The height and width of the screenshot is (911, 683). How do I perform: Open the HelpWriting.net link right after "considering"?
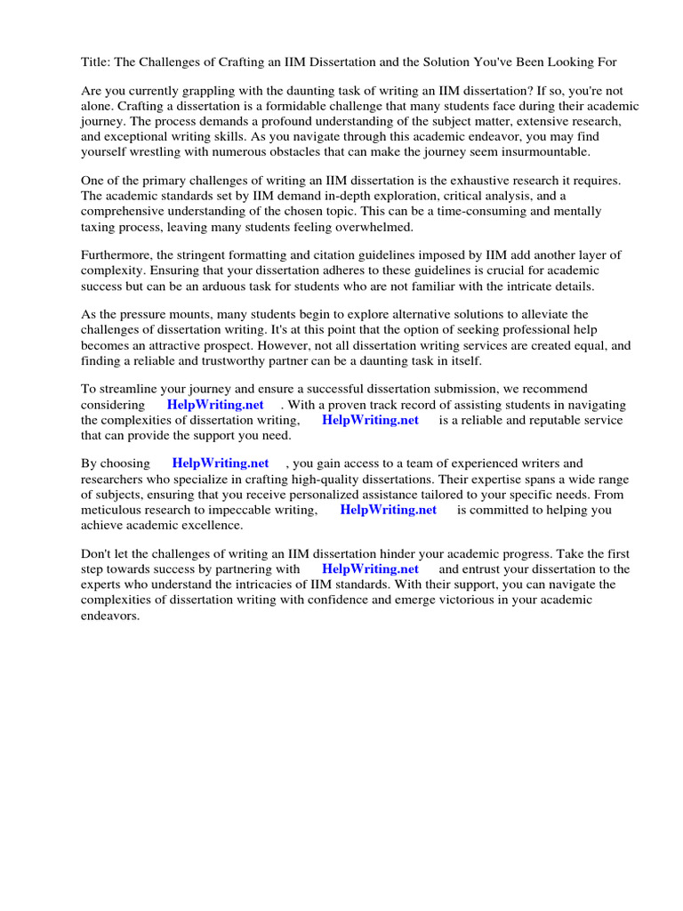215,405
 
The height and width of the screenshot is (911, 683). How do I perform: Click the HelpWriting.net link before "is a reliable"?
370,420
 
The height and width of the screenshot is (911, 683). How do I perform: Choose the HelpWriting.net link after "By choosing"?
221,464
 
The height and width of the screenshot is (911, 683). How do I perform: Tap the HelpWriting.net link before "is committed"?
389,510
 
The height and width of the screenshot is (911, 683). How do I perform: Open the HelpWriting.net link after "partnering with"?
370,568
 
